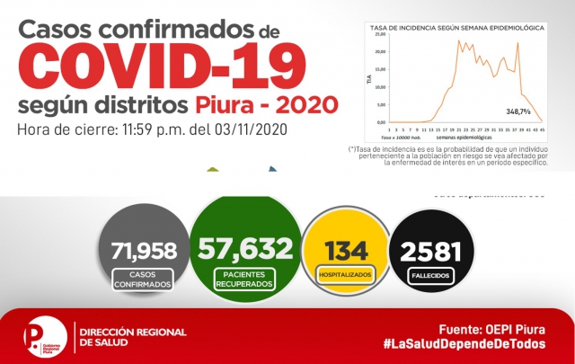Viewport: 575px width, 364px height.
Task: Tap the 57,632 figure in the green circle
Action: pos(246,247)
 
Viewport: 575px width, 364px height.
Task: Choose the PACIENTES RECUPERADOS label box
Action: pos(246,277)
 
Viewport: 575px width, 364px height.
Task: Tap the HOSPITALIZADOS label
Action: pos(346,273)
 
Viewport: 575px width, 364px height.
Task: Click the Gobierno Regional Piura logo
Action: pos(46,337)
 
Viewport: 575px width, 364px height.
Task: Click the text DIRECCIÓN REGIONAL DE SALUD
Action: pos(133,337)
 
